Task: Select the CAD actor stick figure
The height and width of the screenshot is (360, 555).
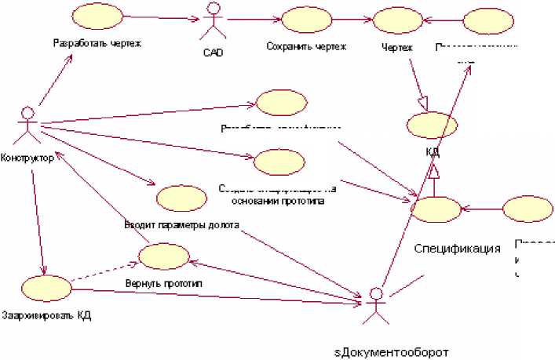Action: tap(210, 20)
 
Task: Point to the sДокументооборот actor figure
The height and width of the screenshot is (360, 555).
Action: tap(377, 305)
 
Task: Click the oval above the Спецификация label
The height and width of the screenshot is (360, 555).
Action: tap(436, 209)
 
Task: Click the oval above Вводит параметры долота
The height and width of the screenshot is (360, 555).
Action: tap(181, 198)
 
